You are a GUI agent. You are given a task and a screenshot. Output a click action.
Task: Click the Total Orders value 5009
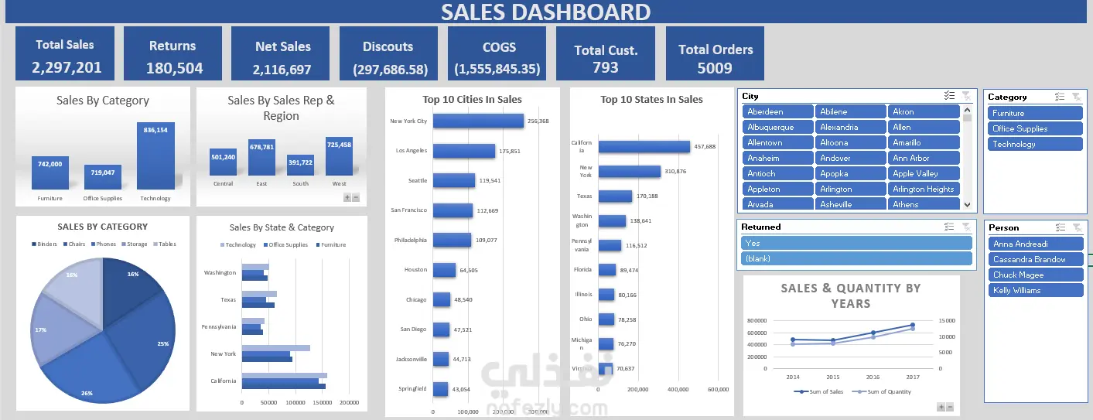click(715, 68)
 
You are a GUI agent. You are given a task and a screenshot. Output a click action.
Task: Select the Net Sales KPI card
click(282, 53)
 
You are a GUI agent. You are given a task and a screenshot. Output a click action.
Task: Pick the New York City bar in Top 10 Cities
click(478, 121)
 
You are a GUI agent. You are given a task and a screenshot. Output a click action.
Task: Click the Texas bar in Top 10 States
click(615, 196)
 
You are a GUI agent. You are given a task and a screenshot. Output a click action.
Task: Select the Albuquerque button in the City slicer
click(778, 127)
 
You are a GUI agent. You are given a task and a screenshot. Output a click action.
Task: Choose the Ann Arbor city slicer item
click(924, 158)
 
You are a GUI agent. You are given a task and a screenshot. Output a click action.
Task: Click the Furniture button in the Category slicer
click(1035, 113)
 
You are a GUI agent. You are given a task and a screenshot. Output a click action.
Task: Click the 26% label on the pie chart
click(87, 393)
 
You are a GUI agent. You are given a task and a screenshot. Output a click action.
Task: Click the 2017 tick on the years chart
click(912, 377)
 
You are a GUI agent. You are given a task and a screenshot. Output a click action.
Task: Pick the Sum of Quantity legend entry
click(882, 391)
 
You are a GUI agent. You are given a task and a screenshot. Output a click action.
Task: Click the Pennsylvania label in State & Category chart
click(219, 326)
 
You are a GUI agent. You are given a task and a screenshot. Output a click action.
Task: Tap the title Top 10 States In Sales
click(651, 99)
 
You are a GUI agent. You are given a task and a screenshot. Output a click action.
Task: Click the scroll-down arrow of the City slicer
click(966, 204)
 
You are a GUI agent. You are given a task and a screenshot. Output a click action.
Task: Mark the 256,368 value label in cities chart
click(538, 121)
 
